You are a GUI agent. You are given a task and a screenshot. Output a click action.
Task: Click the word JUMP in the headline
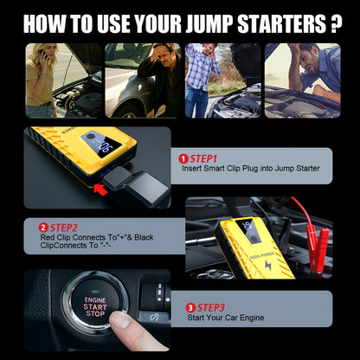[x=209, y=23]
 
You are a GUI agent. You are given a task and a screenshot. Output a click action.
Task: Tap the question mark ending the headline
[x=335, y=23]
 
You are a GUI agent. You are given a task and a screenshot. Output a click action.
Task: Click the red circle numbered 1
[x=183, y=159]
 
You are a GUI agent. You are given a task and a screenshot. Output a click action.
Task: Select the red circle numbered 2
[x=43, y=228]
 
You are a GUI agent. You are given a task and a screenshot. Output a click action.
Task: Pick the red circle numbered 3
[x=190, y=308]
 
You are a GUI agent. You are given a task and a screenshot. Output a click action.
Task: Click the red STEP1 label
[x=203, y=159]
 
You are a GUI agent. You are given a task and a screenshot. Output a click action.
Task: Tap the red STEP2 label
[x=63, y=228]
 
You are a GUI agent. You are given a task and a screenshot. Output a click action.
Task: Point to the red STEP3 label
[x=210, y=308]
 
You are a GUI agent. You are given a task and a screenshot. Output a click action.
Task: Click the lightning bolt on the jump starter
[x=268, y=265]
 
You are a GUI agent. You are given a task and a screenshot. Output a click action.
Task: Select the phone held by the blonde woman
[x=44, y=55]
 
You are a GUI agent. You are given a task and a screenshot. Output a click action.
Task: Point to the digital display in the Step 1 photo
[x=101, y=145]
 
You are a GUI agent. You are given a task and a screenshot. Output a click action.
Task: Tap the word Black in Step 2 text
[x=144, y=237]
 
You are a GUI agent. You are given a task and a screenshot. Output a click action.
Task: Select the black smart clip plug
[x=136, y=186]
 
